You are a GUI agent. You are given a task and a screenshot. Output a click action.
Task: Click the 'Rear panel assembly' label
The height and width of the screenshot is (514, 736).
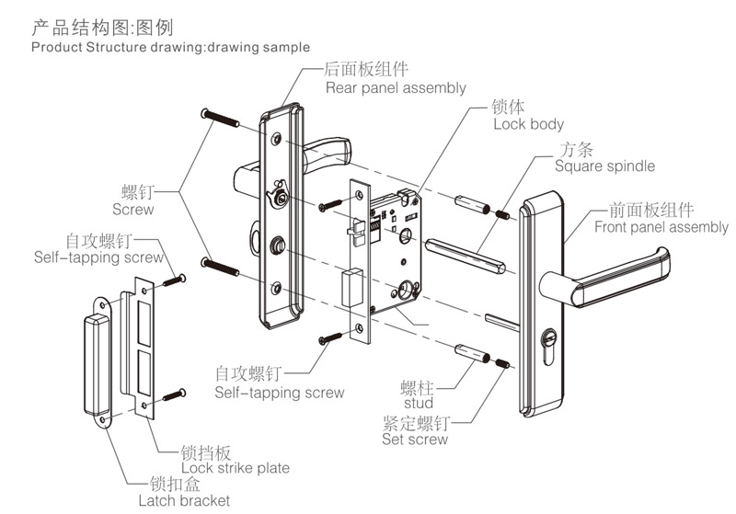point(396,88)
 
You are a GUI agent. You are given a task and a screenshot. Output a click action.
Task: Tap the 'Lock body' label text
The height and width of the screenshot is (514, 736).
point(528,124)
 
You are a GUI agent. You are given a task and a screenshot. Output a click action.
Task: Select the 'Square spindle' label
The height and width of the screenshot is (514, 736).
point(604,166)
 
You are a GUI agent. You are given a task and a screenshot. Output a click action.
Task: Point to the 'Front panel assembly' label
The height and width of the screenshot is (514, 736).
point(661,227)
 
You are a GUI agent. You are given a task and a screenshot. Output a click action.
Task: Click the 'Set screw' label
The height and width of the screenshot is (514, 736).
point(415,440)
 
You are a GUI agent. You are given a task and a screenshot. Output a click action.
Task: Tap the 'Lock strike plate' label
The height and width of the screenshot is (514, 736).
point(235,468)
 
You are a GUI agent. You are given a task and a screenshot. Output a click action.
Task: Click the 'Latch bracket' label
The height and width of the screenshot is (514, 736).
point(184,500)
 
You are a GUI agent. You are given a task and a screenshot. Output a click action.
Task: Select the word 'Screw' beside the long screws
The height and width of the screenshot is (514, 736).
point(132,210)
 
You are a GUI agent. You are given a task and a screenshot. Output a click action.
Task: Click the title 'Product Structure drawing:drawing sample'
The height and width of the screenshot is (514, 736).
point(170,46)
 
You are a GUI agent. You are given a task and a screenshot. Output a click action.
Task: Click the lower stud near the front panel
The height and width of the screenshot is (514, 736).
point(469,351)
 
